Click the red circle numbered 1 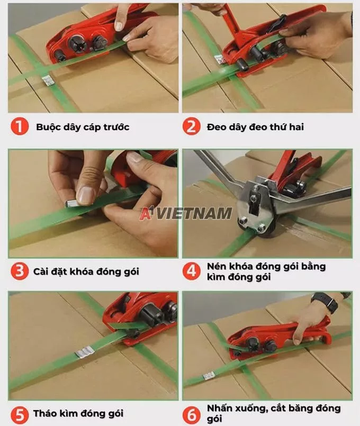coord(19,127)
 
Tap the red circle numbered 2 coord(191,127)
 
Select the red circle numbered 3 coord(19,271)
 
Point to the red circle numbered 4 coord(191,271)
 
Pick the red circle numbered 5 coord(19,413)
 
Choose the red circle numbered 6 coord(191,413)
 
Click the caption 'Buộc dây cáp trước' coord(83,127)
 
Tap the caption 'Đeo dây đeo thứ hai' coord(256,127)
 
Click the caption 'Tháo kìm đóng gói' coord(78,413)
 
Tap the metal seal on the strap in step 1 coord(47,81)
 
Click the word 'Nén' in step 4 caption coord(217,266)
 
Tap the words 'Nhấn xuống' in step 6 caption coord(233,408)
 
